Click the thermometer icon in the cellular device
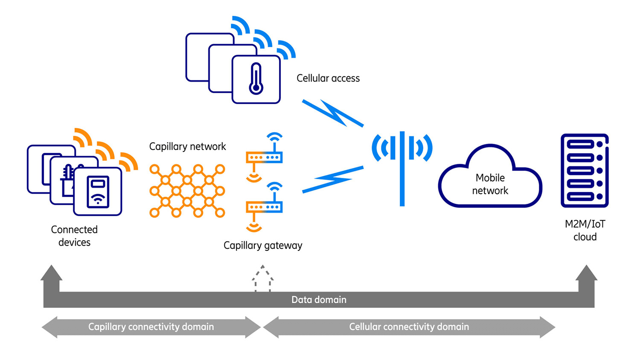[256, 79]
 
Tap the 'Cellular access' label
[328, 78]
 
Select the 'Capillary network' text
[187, 147]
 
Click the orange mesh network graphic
[187, 191]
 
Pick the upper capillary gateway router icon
[264, 157]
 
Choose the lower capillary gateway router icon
[264, 207]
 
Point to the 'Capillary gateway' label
[263, 246]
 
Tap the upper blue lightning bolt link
[333, 113]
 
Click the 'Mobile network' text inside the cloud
[490, 184]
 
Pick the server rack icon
[584, 171]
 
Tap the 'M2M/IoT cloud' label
[585, 230]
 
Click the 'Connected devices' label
[74, 236]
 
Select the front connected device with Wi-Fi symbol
[98, 191]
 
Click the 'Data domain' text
[319, 300]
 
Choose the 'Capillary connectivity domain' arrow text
[151, 327]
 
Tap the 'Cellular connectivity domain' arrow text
[409, 327]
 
